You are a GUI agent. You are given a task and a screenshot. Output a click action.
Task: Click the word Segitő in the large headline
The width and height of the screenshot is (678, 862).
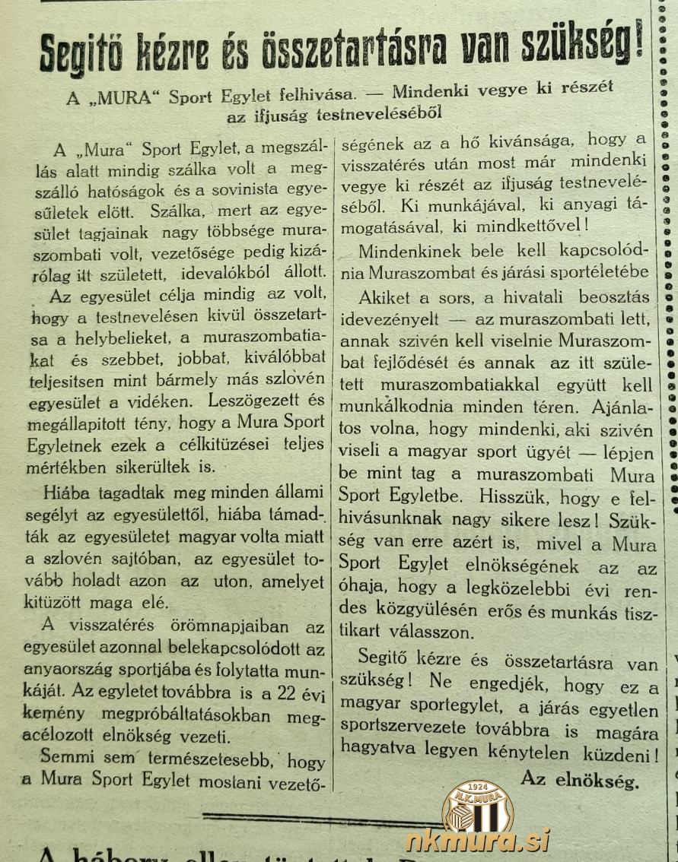pyautogui.click(x=89, y=53)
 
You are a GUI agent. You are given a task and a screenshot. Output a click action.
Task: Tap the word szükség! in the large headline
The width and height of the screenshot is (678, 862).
pyautogui.click(x=583, y=47)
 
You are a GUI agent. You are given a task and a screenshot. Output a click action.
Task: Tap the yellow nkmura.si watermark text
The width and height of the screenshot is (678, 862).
pyautogui.click(x=477, y=841)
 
